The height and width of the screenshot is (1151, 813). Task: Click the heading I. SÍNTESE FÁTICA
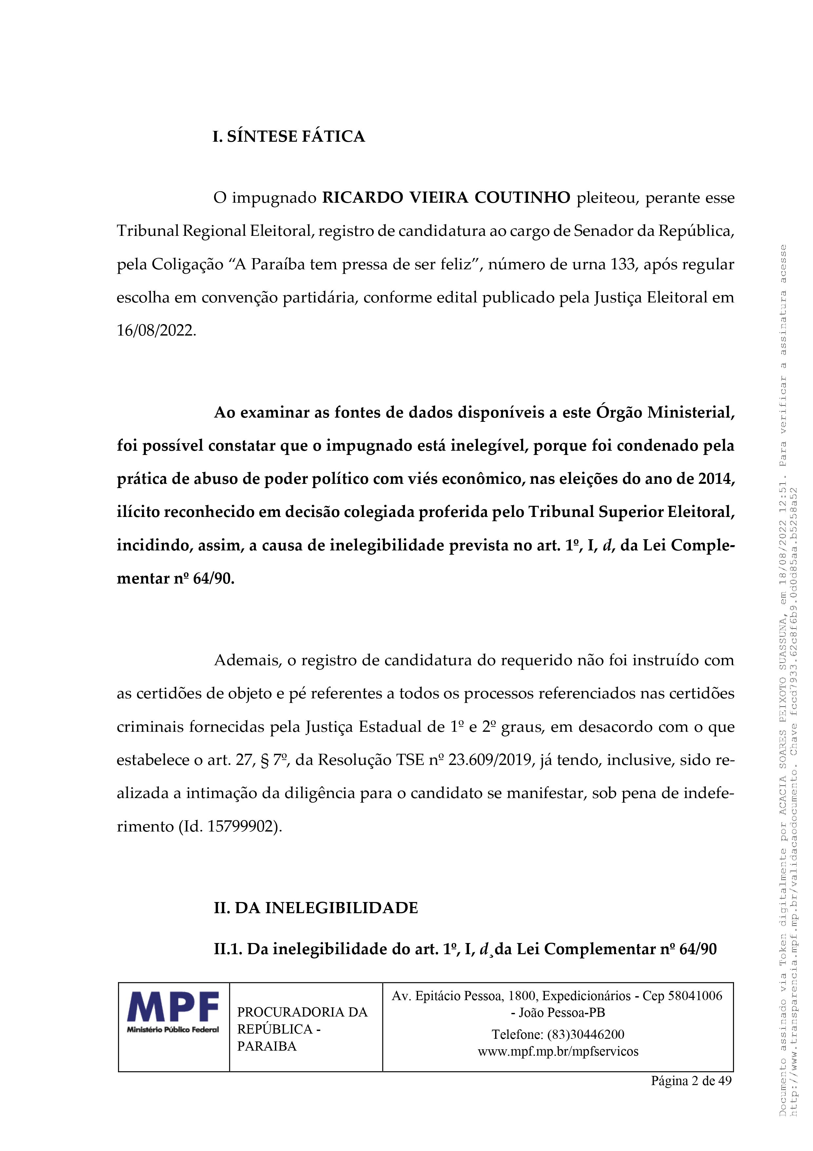pos(289,136)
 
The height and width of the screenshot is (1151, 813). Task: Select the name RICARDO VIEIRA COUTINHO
pos(445,198)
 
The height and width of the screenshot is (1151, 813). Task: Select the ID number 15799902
pos(242,826)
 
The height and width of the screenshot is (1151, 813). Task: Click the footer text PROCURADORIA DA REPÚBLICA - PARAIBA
pos(302,1029)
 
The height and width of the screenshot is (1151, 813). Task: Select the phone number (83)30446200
pos(586,1034)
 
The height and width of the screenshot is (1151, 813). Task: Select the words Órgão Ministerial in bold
pos(666,413)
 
